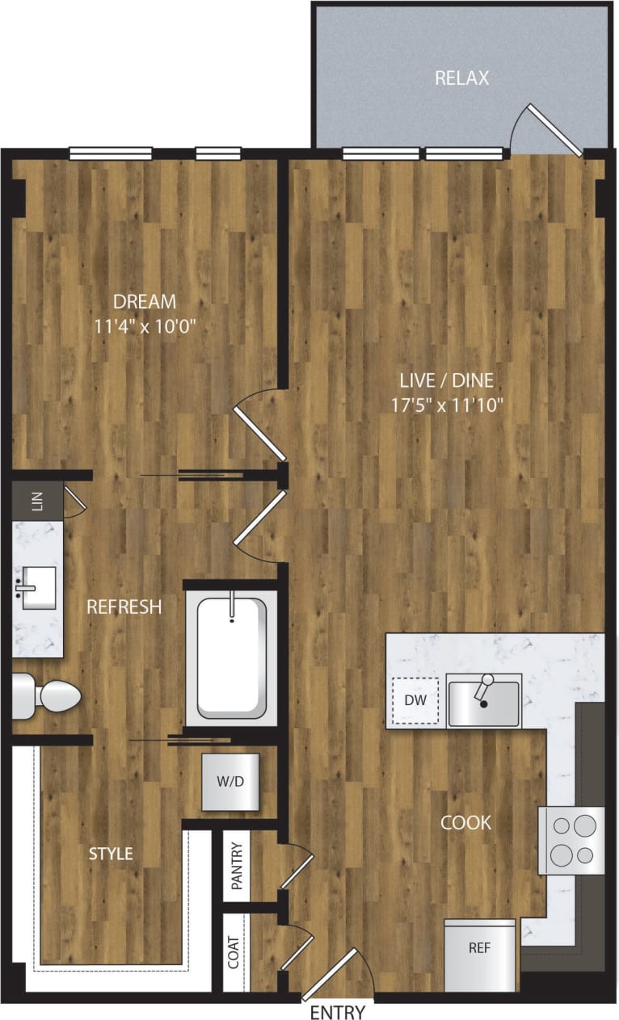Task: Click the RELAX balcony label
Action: [461, 78]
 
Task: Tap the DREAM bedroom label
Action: [145, 302]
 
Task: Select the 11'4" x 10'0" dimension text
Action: [145, 327]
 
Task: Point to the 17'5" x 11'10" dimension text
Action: [446, 404]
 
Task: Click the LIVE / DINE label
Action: [446, 380]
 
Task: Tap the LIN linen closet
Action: [36, 501]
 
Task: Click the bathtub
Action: [231, 656]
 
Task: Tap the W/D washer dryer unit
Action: [230, 782]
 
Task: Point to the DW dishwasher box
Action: [415, 700]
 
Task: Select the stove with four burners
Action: [573, 840]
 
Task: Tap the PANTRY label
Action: [237, 866]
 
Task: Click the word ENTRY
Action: [337, 1012]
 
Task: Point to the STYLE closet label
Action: [111, 854]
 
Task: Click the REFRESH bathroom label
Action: [124, 607]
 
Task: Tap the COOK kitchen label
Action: [465, 823]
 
